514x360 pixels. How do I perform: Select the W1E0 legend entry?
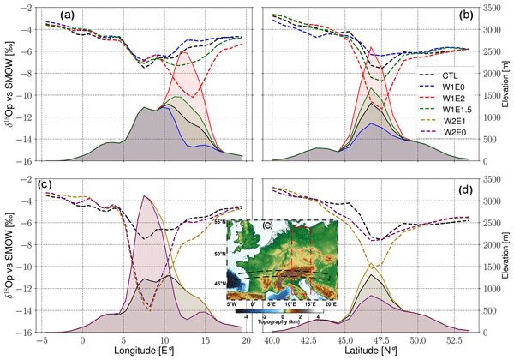450,91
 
